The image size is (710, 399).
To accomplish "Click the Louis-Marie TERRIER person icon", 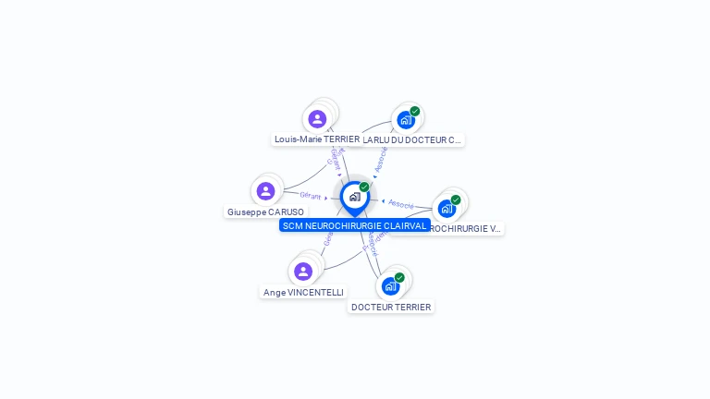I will point(317,118).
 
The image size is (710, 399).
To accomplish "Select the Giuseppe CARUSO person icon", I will point(265,191).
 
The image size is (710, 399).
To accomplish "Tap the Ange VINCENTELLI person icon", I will point(302,272).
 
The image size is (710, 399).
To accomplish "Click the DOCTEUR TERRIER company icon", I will point(390,286).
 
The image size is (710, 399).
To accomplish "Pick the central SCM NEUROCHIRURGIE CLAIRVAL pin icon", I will point(354,197).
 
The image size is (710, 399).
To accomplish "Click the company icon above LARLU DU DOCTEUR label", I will point(405,120).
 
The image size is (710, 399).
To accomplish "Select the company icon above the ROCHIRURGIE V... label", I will point(447,208).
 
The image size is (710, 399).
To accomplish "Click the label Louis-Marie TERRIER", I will point(316,139).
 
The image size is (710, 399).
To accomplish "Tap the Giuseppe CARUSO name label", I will point(264,212).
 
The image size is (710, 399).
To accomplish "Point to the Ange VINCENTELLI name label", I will point(303,293).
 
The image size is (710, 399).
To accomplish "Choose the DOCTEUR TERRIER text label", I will point(391,308).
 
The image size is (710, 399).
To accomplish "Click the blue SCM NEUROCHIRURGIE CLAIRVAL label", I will point(354,225).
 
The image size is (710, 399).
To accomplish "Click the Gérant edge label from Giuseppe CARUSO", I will point(310,195).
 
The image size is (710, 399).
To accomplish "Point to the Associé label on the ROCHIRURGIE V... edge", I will point(401,203).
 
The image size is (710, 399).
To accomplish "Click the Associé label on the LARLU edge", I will point(381,159).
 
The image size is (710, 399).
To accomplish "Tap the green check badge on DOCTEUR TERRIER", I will point(399,277).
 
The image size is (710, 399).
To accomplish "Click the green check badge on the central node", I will point(364,187).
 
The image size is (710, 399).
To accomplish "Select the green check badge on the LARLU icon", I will point(415,111).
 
